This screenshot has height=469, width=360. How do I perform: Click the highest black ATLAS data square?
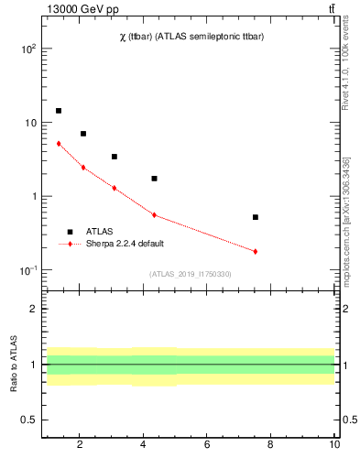[x=59, y=111]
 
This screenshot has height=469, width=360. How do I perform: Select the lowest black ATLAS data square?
[x=256, y=217]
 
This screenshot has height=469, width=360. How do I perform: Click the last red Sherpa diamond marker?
[x=256, y=251]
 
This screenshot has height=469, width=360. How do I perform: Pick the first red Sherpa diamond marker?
[x=59, y=143]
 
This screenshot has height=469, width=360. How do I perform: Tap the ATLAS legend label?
[x=99, y=232]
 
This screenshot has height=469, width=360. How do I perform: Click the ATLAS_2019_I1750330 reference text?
[x=191, y=274]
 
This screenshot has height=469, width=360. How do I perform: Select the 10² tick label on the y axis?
[x=27, y=49]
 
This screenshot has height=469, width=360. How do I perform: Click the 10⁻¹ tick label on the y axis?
[x=27, y=270]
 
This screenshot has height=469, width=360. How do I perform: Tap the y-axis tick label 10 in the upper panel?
[x=29, y=123]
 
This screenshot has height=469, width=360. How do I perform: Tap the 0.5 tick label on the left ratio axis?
[x=28, y=420]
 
